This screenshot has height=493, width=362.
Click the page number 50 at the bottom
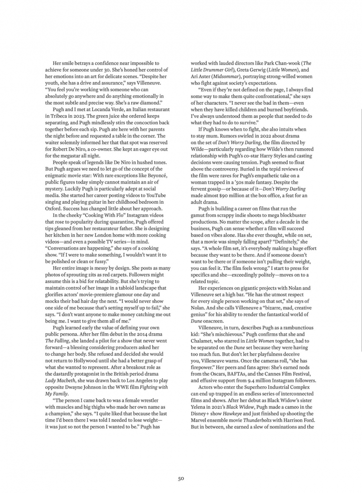coord(181,478)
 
